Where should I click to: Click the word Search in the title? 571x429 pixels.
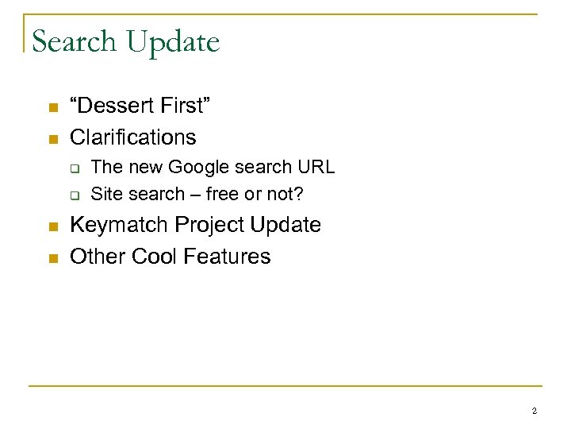point(75,42)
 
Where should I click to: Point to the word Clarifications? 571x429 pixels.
point(133,137)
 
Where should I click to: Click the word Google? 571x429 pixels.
point(198,168)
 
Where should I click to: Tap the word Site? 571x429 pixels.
point(107,193)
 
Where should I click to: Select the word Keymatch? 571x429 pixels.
point(119,226)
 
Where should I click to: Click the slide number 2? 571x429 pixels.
point(534,411)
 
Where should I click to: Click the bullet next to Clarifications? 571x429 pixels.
point(52,139)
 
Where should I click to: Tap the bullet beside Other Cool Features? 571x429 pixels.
point(52,258)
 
